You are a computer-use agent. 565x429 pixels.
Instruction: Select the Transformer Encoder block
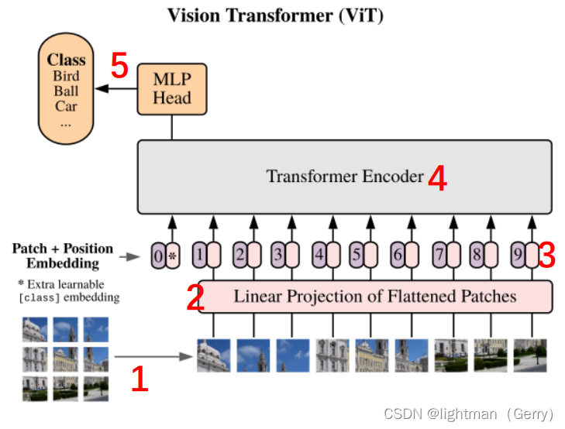tap(345, 177)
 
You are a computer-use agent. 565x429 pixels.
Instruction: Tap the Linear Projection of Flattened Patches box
tap(375, 296)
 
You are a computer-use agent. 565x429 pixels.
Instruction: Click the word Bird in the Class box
tap(66, 76)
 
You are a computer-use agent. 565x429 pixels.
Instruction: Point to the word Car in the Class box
tap(66, 106)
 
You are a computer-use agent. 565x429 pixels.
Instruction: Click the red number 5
tap(119, 66)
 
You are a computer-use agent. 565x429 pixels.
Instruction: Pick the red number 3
tap(547, 255)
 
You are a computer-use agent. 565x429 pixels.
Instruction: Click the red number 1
tap(139, 379)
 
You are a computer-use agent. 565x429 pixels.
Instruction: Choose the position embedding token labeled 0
tap(158, 256)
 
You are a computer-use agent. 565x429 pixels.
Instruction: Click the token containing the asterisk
tap(173, 256)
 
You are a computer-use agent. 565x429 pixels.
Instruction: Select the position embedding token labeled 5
tap(356, 253)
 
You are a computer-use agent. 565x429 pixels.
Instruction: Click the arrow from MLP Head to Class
tap(118, 90)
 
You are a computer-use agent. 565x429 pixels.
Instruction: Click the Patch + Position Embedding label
tap(62, 256)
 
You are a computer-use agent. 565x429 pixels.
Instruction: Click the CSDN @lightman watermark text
tap(469, 414)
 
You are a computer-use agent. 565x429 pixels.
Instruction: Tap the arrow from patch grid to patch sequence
tap(153, 357)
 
